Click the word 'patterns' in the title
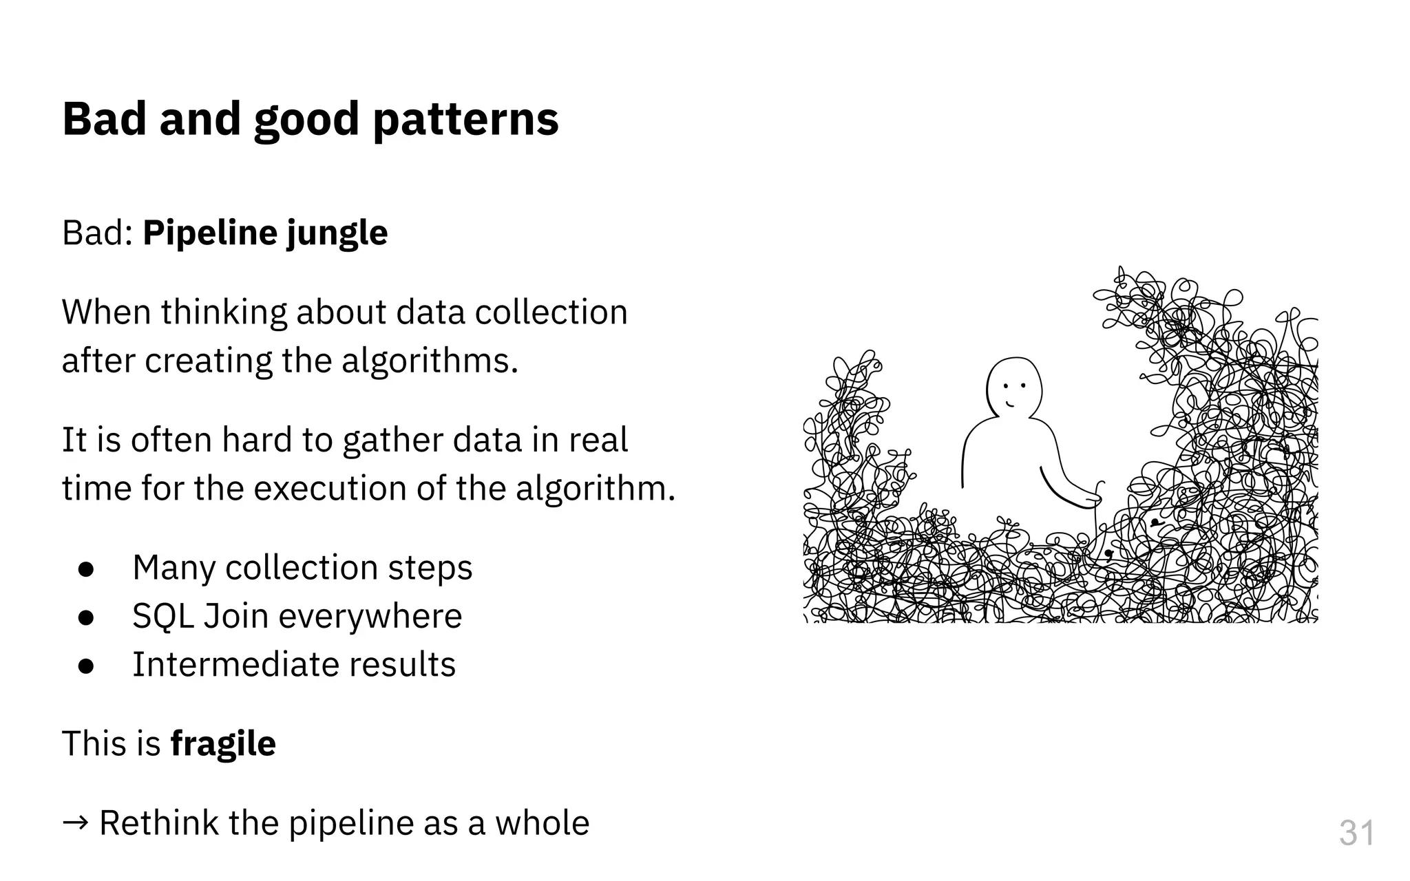tap(465, 120)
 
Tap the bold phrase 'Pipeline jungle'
tap(265, 233)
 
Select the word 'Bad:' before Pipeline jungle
tap(97, 233)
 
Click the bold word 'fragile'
tap(222, 744)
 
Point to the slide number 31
tap(1356, 834)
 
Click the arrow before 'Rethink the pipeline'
tap(74, 822)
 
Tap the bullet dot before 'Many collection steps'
tap(86, 569)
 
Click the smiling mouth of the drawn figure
tap(1009, 404)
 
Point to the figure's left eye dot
tap(1005, 386)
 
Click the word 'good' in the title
tap(306, 120)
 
